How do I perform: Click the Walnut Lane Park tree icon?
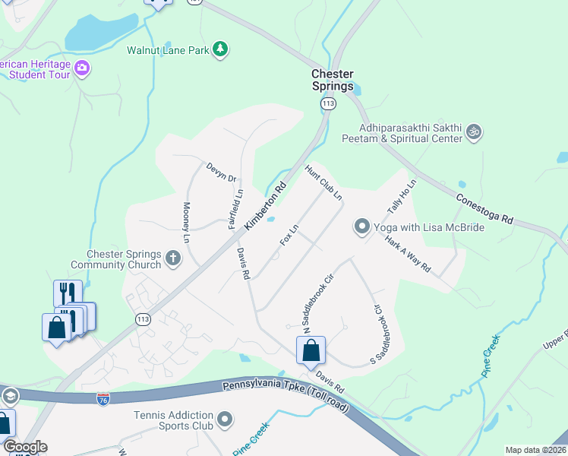[x=220, y=49]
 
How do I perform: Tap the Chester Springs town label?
[x=333, y=80]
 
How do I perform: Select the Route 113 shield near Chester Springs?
[x=328, y=103]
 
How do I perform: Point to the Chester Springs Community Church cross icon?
[x=173, y=258]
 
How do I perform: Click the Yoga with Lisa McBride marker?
[x=361, y=226]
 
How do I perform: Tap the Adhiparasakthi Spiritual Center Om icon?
[x=474, y=132]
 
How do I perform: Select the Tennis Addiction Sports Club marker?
[x=225, y=420]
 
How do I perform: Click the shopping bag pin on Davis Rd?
[x=311, y=351]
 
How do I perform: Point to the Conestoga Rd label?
[x=485, y=207]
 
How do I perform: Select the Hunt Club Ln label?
[x=323, y=183]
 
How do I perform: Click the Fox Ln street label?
[x=289, y=235]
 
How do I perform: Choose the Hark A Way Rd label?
[x=408, y=258]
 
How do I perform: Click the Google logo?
[x=25, y=447]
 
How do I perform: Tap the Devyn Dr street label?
[x=222, y=173]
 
